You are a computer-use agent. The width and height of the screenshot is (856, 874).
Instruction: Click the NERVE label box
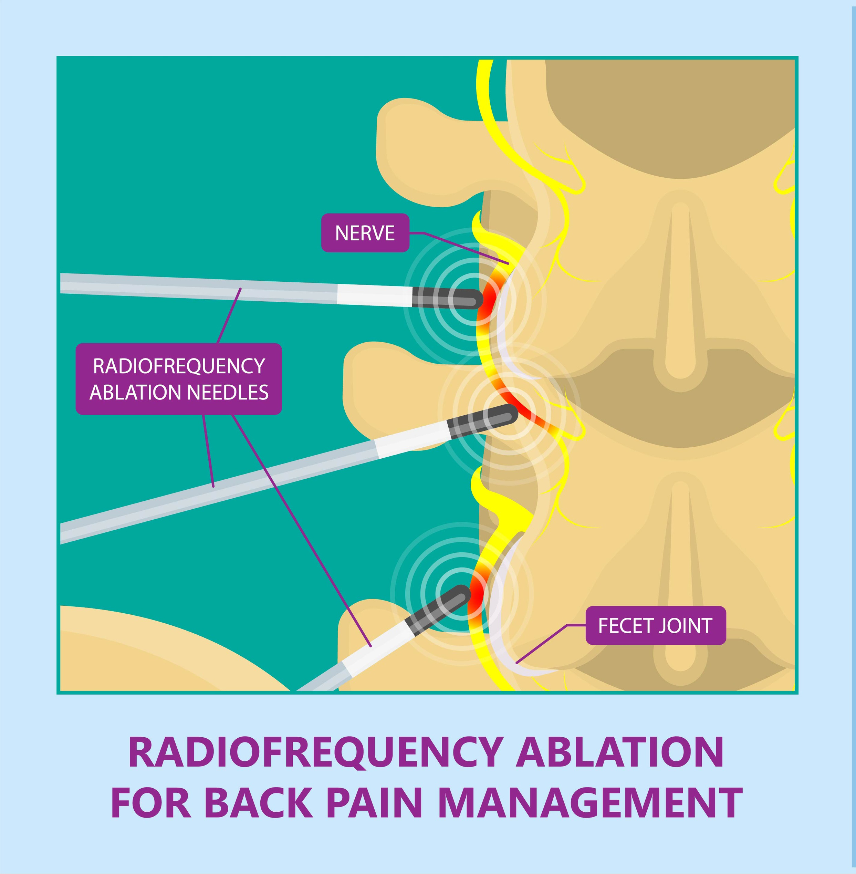click(365, 233)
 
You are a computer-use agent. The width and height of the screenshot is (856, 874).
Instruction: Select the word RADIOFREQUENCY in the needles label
click(179, 366)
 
